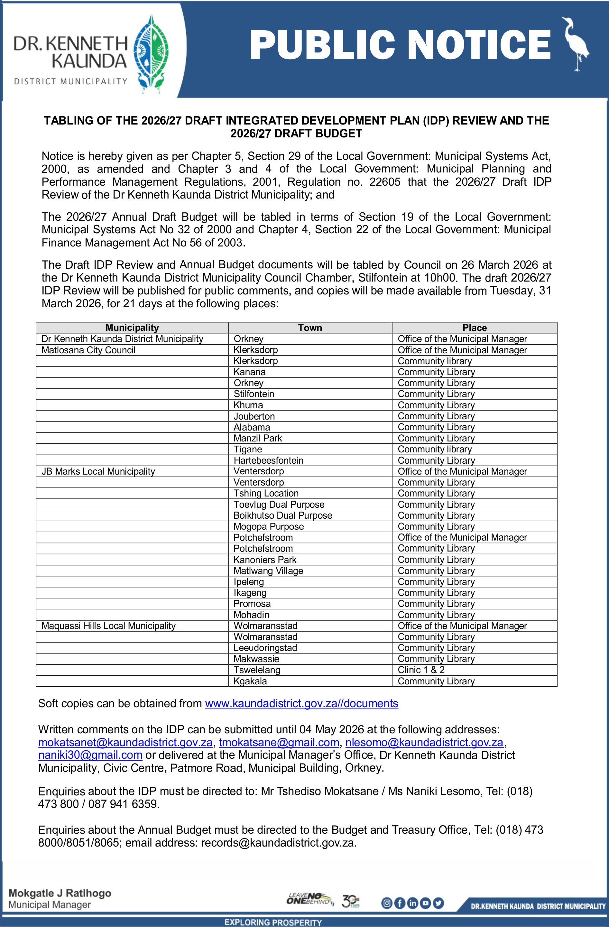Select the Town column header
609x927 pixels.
310,328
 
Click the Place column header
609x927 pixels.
474,328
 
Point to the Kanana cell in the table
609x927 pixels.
250,372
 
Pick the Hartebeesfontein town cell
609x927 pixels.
268,460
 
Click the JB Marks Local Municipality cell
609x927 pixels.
98,471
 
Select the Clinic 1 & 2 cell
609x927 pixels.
421,670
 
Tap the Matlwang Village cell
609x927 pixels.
268,570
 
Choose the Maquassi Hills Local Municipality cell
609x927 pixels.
109,626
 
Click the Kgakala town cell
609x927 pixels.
250,681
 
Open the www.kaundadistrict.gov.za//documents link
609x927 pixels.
301,703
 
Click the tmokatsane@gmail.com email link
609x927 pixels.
279,742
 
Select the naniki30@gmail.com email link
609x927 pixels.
90,755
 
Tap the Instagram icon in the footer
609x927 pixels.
387,903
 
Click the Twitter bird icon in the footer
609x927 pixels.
438,903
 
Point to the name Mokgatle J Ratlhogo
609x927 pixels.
60,893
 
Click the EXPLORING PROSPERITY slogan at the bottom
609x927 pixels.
273,922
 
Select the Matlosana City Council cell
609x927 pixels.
88,350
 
